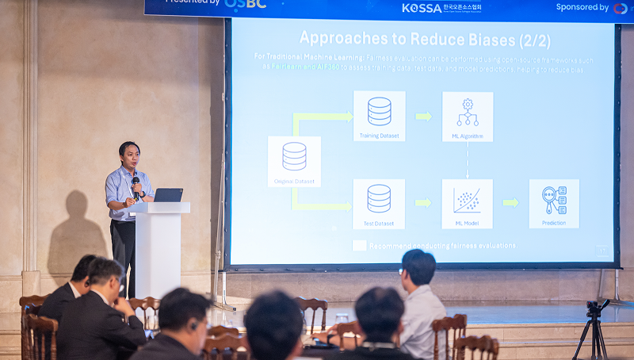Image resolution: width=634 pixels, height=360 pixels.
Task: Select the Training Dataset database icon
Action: coord(379,111)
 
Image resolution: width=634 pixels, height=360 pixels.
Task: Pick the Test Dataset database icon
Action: coord(379,198)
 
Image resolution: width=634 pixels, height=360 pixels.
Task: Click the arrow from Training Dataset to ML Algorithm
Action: coord(423,117)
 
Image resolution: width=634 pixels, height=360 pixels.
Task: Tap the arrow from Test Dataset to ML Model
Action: coord(423,203)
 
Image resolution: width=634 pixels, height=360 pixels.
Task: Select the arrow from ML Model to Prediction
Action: coord(510,203)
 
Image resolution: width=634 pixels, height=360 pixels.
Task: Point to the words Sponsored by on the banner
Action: coord(582,7)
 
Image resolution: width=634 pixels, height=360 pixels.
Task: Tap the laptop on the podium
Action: coord(167,195)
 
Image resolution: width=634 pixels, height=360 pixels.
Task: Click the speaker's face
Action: coord(129,155)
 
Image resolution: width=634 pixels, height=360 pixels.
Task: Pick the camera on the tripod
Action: coord(594,307)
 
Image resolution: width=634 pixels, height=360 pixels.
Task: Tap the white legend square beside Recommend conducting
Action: coord(359,246)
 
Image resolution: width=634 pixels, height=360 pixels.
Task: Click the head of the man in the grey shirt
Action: coord(418,267)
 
